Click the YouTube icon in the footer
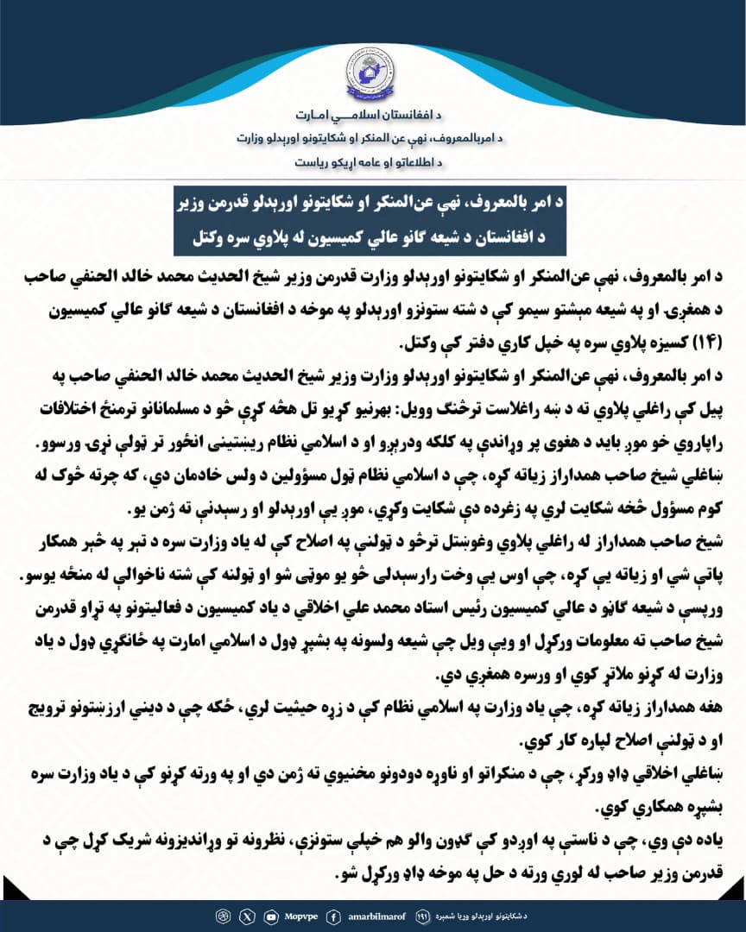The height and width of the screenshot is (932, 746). [x=272, y=916]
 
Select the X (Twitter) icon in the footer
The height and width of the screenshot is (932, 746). [x=250, y=916]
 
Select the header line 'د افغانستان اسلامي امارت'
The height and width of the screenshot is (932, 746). [x=373, y=116]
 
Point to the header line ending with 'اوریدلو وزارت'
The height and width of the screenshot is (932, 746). [x=373, y=138]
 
